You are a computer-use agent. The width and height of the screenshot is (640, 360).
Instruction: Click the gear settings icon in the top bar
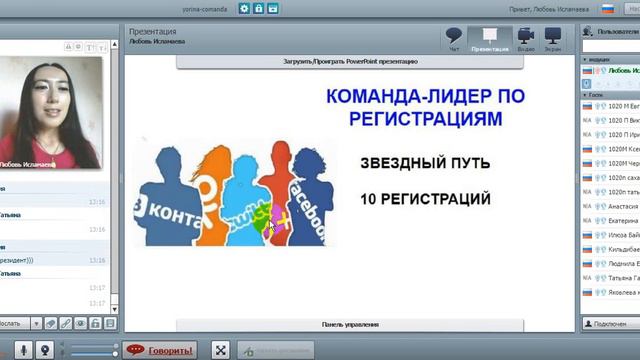(243, 8)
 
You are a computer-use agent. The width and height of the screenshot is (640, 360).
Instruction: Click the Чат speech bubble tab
(454, 38)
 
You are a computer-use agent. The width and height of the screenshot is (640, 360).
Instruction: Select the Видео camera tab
(526, 38)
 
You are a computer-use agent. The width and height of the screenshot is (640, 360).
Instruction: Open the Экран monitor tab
(552, 38)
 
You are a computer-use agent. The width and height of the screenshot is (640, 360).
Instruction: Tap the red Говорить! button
(161, 350)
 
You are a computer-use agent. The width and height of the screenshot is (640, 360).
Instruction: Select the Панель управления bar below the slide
(348, 325)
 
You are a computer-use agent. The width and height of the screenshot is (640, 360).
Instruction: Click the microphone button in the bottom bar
(45, 350)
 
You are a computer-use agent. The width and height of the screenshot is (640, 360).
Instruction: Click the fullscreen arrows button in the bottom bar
(221, 350)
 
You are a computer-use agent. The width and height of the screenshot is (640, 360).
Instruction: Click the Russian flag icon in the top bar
(607, 8)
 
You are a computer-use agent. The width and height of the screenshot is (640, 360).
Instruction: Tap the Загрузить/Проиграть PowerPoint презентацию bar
(350, 61)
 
